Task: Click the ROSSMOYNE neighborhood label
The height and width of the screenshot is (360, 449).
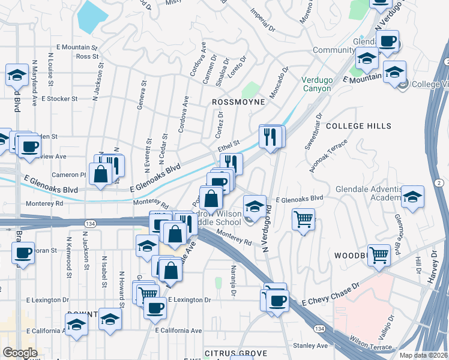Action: (238, 103)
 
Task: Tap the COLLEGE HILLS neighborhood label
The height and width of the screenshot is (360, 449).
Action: (358, 126)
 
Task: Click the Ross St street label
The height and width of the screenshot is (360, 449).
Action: (87, 56)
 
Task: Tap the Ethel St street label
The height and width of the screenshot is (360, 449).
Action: (229, 145)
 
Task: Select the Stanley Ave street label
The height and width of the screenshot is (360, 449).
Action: (310, 346)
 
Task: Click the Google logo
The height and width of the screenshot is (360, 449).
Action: (20, 352)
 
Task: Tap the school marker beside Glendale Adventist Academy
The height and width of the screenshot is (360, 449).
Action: (412, 197)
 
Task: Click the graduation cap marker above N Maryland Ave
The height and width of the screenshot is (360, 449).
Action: (17, 75)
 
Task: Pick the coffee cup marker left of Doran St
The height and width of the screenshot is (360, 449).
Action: (23, 252)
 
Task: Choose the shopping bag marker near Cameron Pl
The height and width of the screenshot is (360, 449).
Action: (100, 173)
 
